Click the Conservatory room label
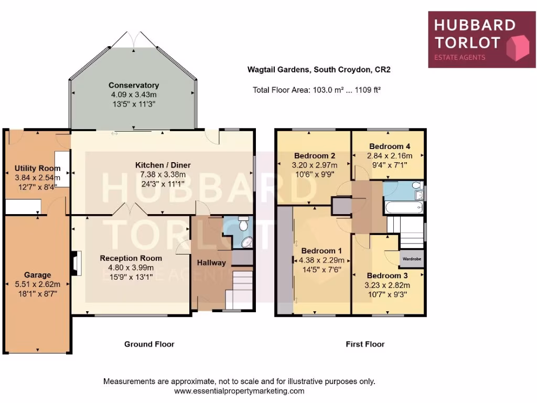134,85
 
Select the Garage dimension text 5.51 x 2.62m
38,284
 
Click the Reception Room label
131,258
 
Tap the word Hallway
211,262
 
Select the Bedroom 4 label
386,146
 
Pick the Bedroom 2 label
314,156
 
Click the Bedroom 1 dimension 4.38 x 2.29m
321,260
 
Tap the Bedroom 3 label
388,275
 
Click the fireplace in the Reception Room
76,263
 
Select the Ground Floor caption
149,344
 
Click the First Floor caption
365,344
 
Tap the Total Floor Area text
316,90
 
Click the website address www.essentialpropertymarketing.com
239,391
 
